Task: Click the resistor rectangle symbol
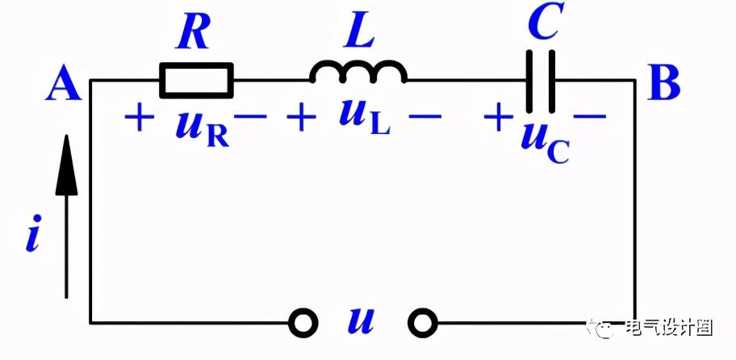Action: (x=197, y=65)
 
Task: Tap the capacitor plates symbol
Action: (x=540, y=82)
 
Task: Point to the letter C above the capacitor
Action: (x=544, y=22)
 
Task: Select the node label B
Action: (x=663, y=84)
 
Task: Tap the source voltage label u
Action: (x=361, y=321)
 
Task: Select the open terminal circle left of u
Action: (x=303, y=323)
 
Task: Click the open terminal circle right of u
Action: (x=423, y=323)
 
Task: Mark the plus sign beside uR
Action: (x=139, y=116)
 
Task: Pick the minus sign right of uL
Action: (x=425, y=116)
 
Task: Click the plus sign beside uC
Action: (x=498, y=116)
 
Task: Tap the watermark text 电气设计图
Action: (x=669, y=328)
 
